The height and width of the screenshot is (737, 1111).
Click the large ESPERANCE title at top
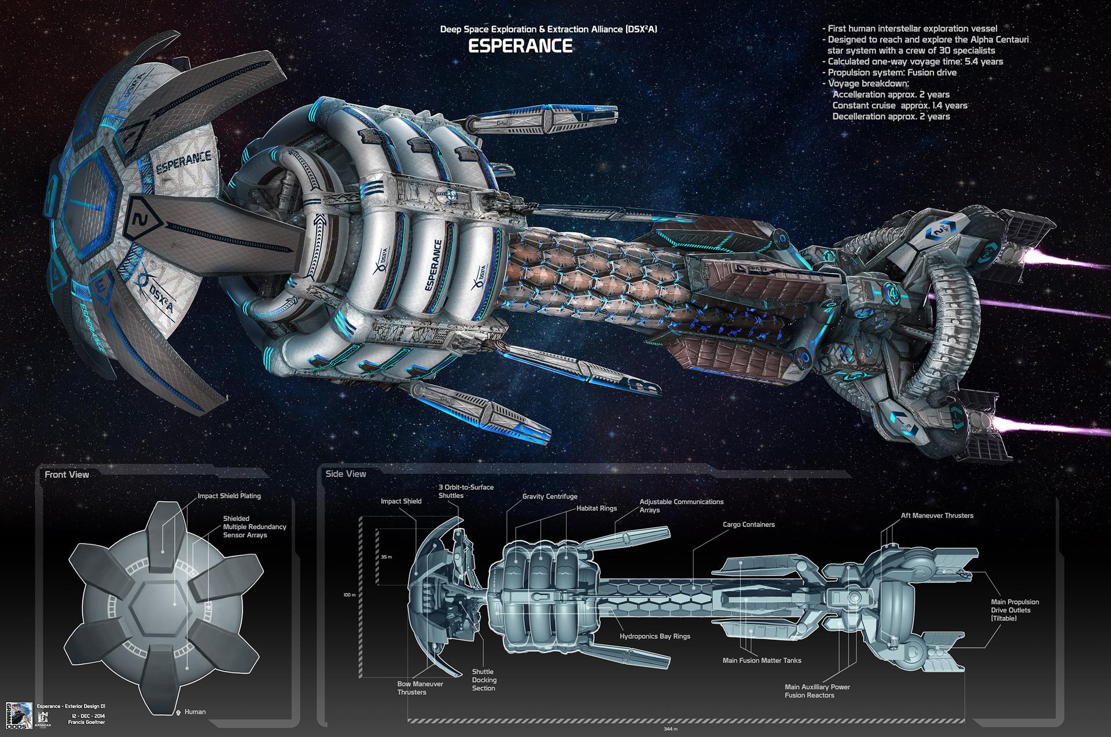(520, 46)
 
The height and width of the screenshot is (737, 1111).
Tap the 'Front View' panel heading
(67, 475)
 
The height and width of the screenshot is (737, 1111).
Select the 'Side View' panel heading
(345, 474)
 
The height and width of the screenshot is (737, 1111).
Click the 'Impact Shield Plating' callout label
(229, 496)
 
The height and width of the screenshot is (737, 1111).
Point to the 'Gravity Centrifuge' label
(550, 496)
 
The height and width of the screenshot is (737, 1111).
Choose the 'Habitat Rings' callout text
(597, 508)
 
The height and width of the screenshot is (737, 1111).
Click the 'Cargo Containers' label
(748, 525)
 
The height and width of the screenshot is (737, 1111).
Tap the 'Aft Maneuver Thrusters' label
(937, 515)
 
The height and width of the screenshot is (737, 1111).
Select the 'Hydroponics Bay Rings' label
(654, 636)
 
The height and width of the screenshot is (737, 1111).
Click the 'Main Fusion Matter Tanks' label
(761, 661)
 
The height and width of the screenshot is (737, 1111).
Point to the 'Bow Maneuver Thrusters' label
(420, 688)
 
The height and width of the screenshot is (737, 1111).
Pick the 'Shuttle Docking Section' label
(484, 680)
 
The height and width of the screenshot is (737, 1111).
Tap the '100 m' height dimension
(349, 595)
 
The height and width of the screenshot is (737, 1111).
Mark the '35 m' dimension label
(387, 557)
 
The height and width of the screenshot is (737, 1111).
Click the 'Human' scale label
(194, 712)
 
